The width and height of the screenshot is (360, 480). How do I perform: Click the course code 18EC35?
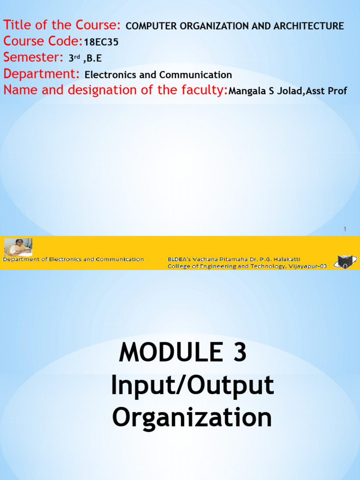[x=101, y=42]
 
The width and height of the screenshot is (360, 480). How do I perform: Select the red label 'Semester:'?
[x=33, y=57]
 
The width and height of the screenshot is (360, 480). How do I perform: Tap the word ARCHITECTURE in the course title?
[x=308, y=26]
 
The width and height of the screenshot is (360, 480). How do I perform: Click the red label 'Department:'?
[x=41, y=74]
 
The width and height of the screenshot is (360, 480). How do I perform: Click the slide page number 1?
[x=345, y=229]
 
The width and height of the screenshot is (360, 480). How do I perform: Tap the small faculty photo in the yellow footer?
[x=18, y=247]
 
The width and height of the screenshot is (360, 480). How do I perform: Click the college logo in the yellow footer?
[x=345, y=262]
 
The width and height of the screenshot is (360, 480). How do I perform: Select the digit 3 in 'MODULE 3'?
[x=240, y=352]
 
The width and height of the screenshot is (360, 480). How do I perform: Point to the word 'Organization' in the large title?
[x=192, y=418]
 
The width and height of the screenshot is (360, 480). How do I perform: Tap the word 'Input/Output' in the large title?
[x=192, y=386]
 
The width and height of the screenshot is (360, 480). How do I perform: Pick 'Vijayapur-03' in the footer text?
[x=307, y=266]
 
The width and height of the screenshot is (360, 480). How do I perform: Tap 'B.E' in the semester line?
[x=94, y=58]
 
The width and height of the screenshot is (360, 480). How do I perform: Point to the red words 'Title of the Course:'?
[x=62, y=25]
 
